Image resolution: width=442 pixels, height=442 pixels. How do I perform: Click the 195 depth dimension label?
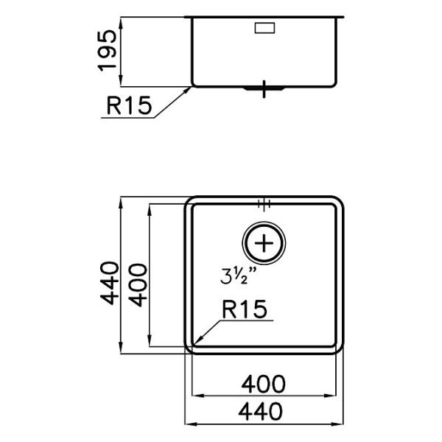pyautogui.click(x=107, y=50)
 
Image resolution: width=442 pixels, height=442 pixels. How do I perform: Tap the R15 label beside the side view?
pyautogui.click(x=129, y=105)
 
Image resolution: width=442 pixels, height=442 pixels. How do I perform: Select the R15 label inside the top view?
pyautogui.click(x=245, y=309)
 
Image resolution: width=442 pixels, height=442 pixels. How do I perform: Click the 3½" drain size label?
pyautogui.click(x=239, y=276)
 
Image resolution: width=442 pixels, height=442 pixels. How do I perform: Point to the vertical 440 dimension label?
pyautogui.click(x=110, y=283)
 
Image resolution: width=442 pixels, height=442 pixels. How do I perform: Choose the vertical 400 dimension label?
pyautogui.click(x=138, y=284)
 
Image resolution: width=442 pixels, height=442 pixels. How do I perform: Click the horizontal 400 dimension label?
pyautogui.click(x=263, y=384)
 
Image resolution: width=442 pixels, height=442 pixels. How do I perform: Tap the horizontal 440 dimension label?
pyautogui.click(x=260, y=411)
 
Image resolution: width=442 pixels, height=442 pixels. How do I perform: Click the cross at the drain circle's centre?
pyautogui.click(x=264, y=243)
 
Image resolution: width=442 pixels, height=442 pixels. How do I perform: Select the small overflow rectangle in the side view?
pyautogui.click(x=264, y=28)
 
